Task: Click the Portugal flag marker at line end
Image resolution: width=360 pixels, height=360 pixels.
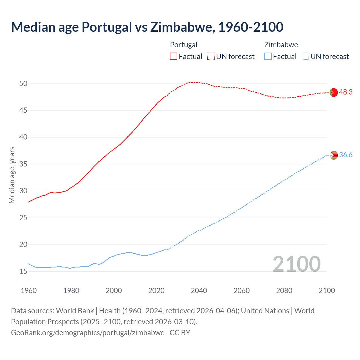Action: [x=333, y=92]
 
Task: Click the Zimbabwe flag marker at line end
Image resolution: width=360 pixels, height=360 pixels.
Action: [x=334, y=155]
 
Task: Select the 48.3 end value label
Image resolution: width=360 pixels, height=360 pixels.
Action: [x=346, y=92]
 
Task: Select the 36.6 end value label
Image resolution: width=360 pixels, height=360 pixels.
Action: [x=346, y=155]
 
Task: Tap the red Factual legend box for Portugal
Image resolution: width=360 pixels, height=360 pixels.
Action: [x=174, y=57]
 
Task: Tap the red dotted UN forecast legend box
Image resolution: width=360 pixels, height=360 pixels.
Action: [x=211, y=57]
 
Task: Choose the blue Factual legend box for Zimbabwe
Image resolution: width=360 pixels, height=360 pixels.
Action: [x=268, y=57]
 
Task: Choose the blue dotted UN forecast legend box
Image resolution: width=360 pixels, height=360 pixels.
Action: [x=305, y=57]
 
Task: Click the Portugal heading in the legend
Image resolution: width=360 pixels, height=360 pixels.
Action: [x=184, y=45]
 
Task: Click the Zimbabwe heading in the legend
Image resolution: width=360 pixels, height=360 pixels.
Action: [x=281, y=45]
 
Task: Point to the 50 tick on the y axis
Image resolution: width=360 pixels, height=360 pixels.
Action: [x=23, y=84]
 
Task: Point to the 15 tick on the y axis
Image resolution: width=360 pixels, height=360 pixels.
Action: [x=23, y=272]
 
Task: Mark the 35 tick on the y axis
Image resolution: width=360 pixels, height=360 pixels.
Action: [x=23, y=164]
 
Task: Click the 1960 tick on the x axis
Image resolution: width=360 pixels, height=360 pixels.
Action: [x=29, y=291]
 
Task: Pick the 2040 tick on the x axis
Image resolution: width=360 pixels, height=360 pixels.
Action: [x=199, y=291]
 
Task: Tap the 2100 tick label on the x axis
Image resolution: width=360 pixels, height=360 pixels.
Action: [x=327, y=291]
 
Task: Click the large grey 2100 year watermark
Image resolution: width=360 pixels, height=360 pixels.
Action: [x=296, y=264]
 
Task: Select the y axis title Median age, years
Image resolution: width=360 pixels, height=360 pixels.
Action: [x=12, y=175]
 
